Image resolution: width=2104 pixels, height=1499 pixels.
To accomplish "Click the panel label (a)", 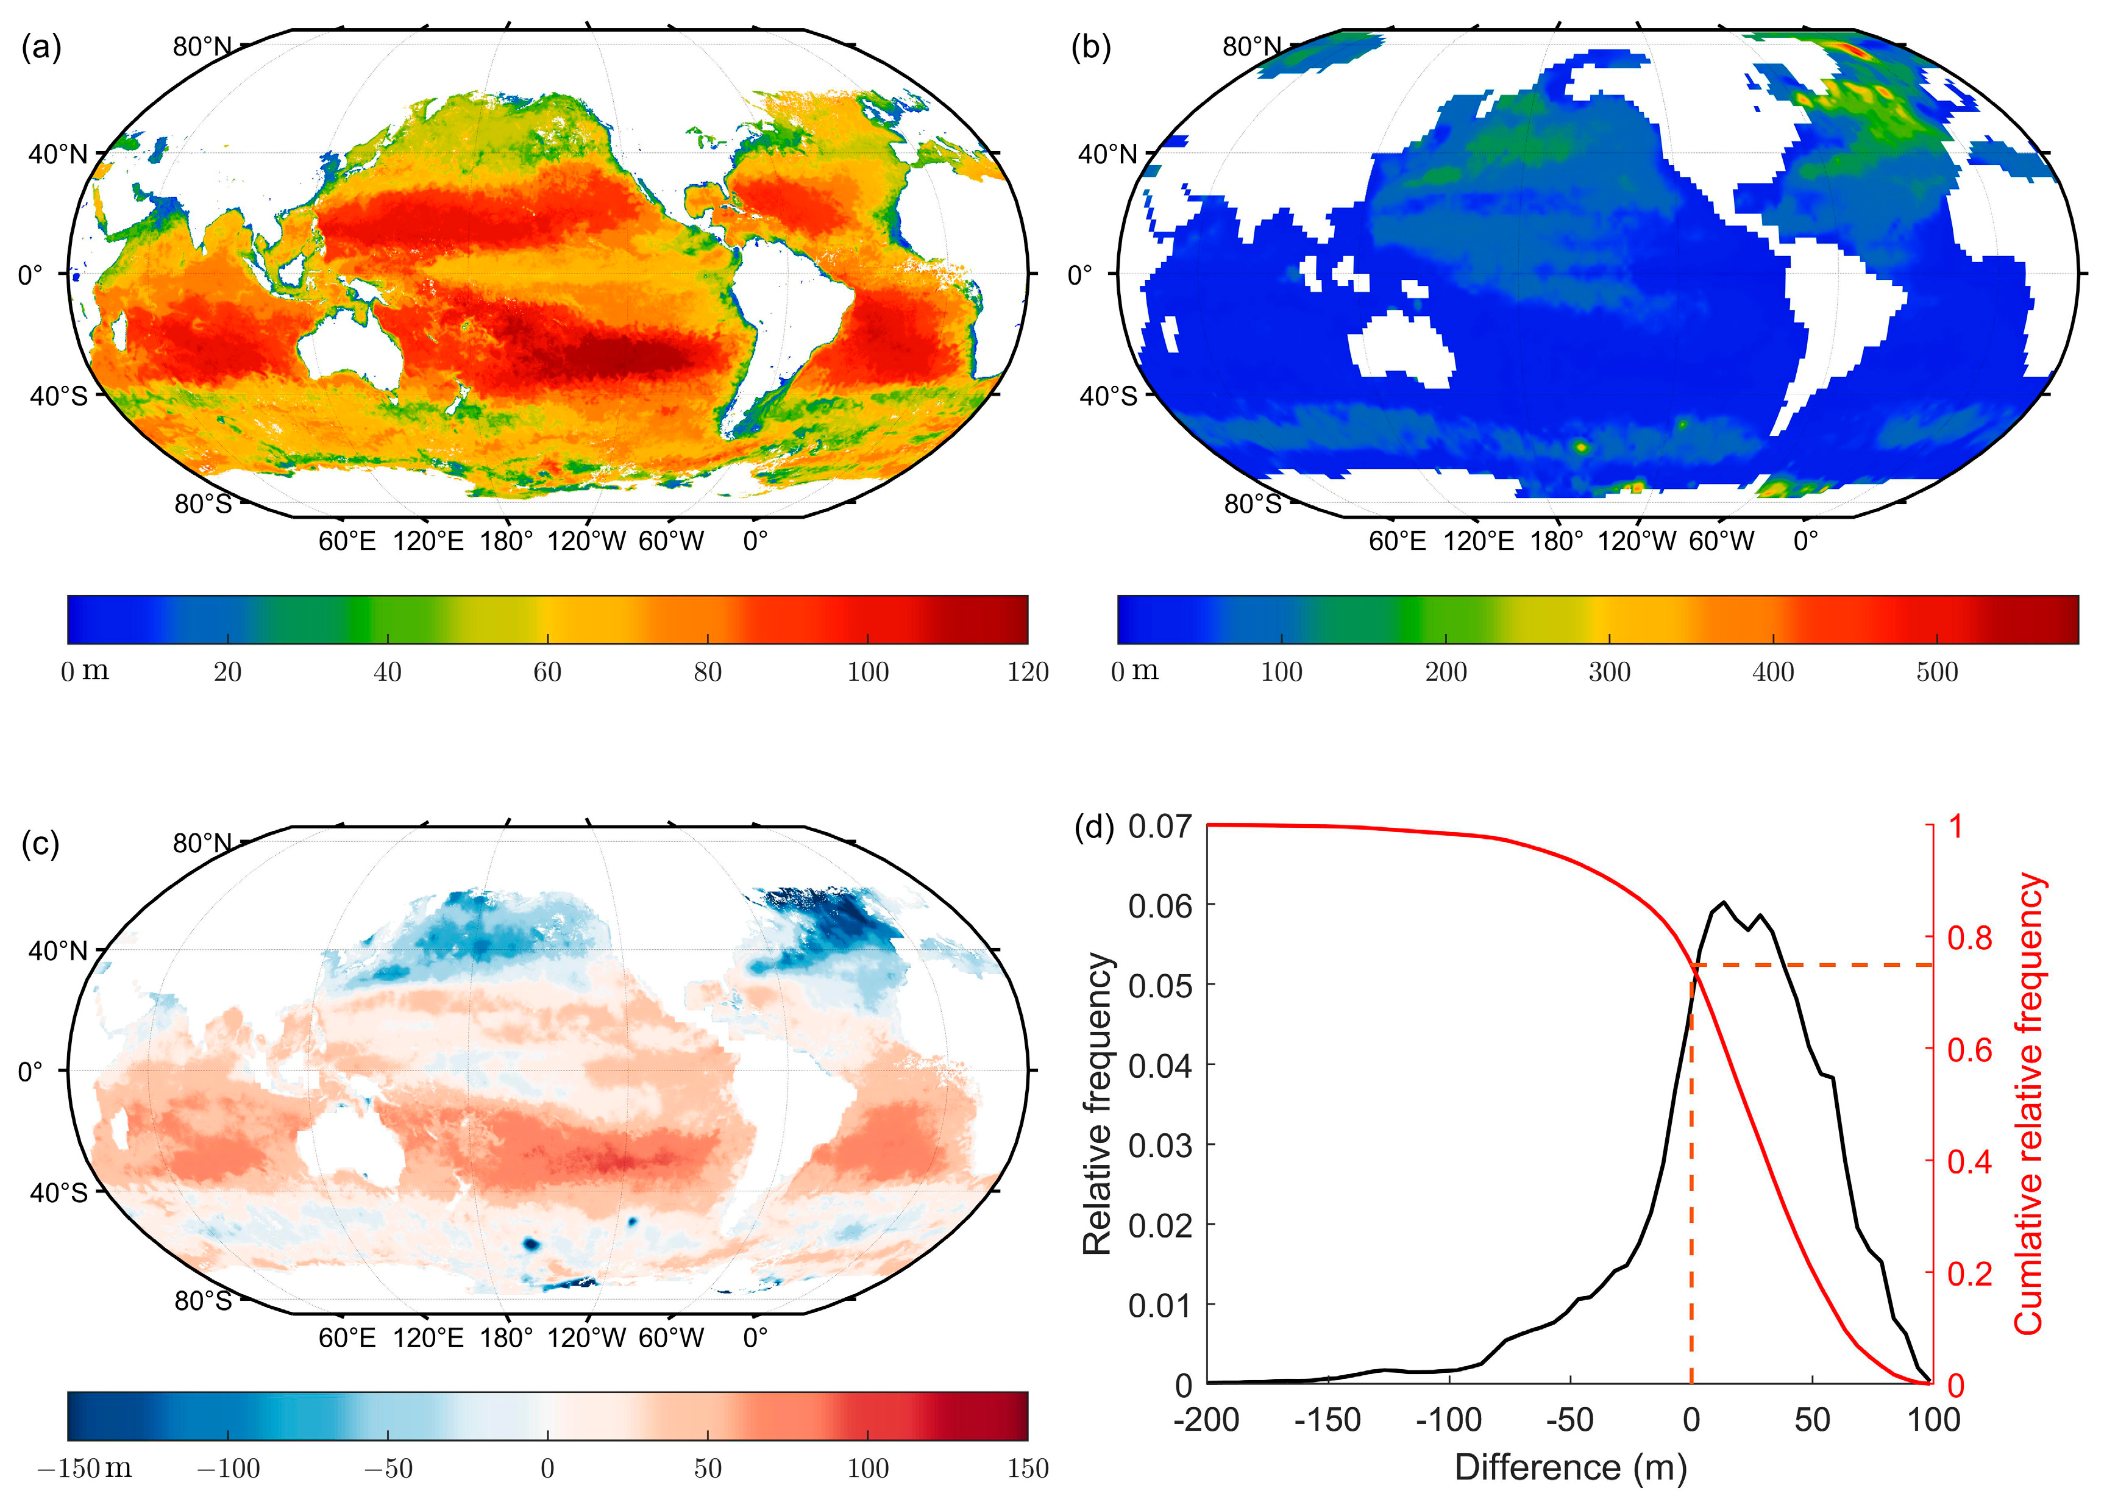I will pos(41,47).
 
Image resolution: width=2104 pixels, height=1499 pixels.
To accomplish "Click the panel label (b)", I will pos(1091,47).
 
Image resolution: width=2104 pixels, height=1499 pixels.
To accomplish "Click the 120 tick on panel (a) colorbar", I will pos(1027,671).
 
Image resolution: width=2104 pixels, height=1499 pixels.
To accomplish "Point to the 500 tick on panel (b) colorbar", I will pos(1936,671).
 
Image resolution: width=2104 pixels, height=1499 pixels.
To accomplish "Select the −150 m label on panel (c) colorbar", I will pos(84,1468).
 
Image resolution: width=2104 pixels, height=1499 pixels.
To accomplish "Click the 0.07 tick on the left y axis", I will pos(1159,825).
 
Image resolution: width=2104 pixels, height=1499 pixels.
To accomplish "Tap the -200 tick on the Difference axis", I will pos(1206,1420).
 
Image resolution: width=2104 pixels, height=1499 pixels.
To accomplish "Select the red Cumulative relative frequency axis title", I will pos(2029,1103).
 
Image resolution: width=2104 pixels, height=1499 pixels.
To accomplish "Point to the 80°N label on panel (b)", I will pos(1251,46).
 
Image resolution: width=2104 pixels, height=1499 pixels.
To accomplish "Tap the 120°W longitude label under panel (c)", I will pos(587,1337).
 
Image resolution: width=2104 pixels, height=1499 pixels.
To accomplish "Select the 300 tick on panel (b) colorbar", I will pos(1608,671).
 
